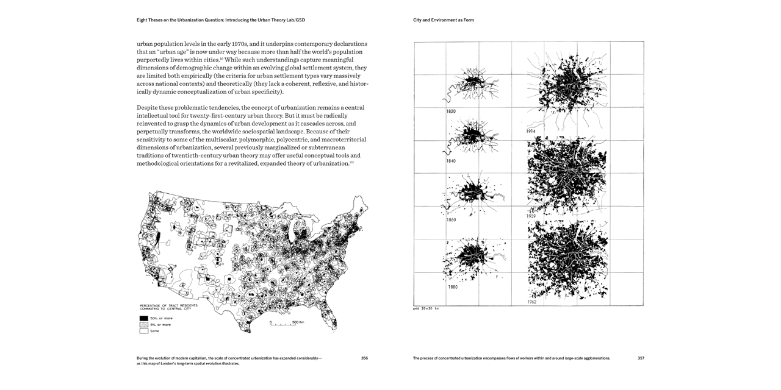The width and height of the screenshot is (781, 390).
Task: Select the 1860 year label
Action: (452, 219)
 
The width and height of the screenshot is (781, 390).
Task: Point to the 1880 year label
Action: (453, 286)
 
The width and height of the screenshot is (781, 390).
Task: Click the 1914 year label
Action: (531, 132)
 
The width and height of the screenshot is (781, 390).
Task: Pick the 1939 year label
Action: (531, 216)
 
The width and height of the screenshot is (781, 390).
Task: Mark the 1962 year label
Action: (532, 302)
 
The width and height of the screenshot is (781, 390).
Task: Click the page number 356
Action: (364, 358)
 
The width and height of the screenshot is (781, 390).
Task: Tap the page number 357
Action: (641, 358)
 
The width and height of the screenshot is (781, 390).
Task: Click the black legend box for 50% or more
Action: (144, 318)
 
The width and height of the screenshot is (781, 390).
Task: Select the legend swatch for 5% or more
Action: (144, 325)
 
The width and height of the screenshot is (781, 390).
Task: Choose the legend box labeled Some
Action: (144, 331)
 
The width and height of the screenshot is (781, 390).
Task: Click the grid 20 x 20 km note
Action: (426, 308)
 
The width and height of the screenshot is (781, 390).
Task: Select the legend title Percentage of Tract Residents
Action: (165, 305)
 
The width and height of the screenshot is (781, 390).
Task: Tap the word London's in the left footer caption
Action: (170, 363)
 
